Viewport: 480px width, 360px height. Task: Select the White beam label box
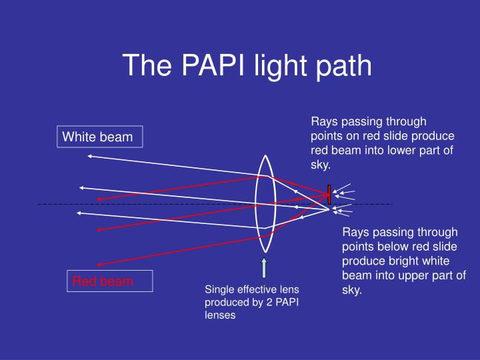click(99, 137)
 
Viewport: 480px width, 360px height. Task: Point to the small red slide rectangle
click(329, 194)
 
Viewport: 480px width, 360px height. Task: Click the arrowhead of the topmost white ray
click(89, 156)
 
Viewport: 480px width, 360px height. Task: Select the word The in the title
click(143, 65)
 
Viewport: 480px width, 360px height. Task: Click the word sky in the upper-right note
click(320, 164)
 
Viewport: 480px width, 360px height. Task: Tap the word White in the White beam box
click(79, 137)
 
